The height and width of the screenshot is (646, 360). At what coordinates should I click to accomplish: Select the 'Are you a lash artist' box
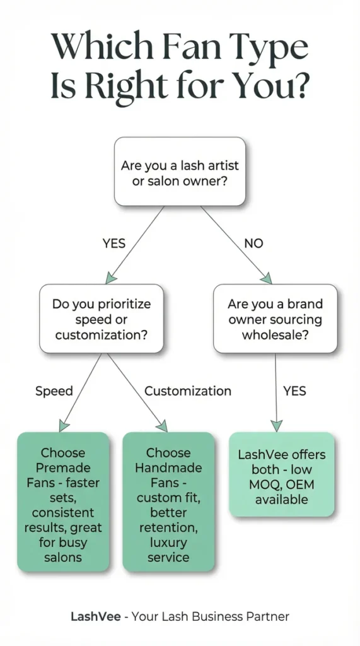[180, 172]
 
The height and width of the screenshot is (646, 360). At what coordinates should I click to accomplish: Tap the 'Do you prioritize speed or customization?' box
[102, 319]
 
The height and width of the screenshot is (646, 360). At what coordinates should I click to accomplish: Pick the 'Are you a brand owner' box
[275, 319]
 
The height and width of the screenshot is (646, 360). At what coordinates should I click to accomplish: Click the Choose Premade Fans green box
[63, 502]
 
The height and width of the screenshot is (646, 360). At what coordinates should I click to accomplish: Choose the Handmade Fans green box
[168, 502]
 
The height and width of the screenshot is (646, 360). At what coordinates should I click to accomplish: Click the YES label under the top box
[114, 244]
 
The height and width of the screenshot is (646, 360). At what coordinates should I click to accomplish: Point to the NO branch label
[253, 244]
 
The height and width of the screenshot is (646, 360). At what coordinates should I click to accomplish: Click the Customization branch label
[188, 391]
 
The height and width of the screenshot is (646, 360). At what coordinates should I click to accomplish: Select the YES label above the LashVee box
[294, 391]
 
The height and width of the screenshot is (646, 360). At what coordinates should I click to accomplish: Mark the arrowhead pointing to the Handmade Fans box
[162, 426]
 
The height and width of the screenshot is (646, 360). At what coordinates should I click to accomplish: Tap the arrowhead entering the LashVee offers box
[277, 425]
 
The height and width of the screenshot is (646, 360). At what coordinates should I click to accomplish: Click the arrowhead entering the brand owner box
[267, 278]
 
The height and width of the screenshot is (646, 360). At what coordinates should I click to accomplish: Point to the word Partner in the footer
[268, 616]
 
